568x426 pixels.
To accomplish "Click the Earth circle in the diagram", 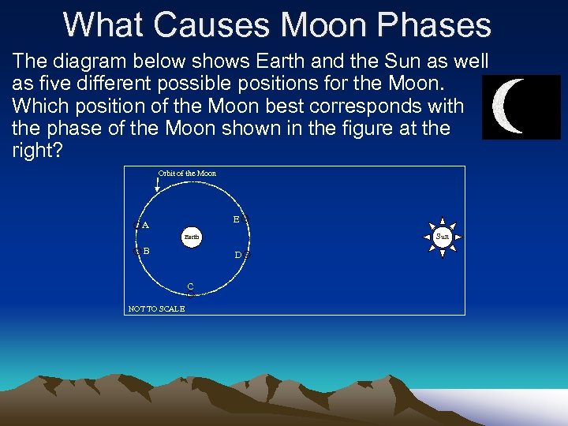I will click(x=192, y=236).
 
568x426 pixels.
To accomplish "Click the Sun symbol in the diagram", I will click(x=443, y=236).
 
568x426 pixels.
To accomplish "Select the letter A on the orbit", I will click(x=145, y=225).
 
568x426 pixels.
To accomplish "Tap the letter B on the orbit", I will click(x=146, y=251).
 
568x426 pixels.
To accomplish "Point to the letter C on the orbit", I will click(x=190, y=286).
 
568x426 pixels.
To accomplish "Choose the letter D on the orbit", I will click(x=237, y=255).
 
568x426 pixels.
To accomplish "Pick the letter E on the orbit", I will click(x=236, y=219).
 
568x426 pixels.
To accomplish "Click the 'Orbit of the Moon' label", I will click(x=187, y=174).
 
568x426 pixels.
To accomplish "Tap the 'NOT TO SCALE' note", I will click(x=156, y=309).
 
